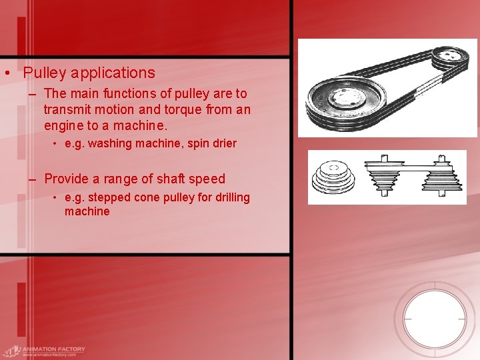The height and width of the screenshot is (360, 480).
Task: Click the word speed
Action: [208, 179]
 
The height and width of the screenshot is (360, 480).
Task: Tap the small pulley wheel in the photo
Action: [451, 58]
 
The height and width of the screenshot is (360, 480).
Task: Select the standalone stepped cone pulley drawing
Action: [333, 178]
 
